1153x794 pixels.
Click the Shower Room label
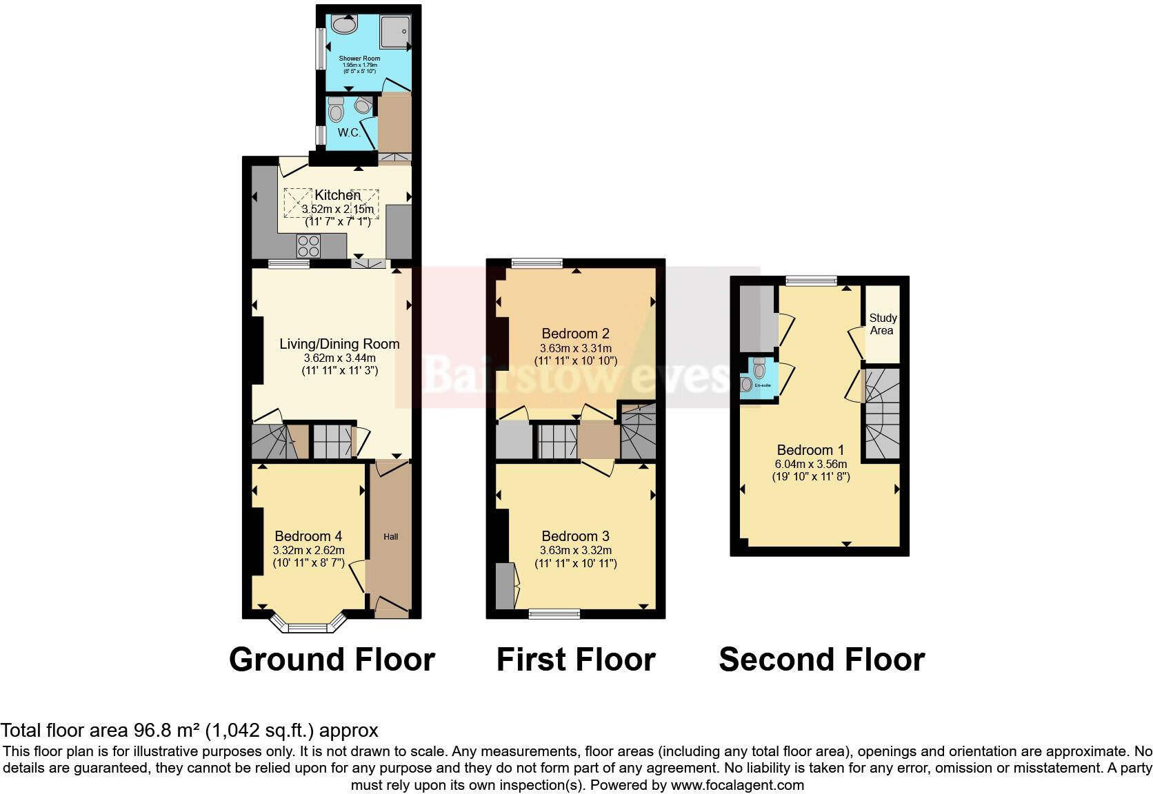click(x=359, y=59)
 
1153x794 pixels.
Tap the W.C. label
click(x=349, y=132)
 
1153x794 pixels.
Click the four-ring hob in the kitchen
click(x=308, y=246)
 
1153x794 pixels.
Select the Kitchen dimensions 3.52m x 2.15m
click(x=338, y=210)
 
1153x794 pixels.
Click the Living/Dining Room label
click(x=339, y=344)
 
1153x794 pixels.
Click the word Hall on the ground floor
click(x=391, y=537)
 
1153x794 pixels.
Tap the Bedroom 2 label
click(x=575, y=334)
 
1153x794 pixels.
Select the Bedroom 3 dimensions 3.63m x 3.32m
click(x=575, y=551)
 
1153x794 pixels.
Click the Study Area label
click(x=883, y=324)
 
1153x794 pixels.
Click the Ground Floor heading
click(x=332, y=660)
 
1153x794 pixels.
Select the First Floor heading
click(x=575, y=660)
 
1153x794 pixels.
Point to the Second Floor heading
click(x=821, y=660)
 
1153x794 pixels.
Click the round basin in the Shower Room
click(x=344, y=26)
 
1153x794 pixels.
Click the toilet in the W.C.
click(x=337, y=110)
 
